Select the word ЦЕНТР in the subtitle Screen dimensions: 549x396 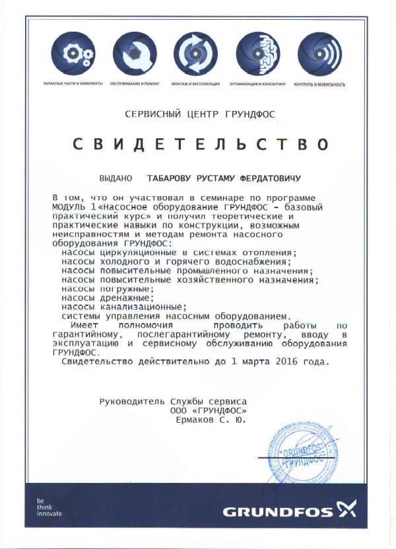[x=201, y=114]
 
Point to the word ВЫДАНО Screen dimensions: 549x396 [x=115, y=178]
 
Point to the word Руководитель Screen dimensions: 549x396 [x=132, y=401]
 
